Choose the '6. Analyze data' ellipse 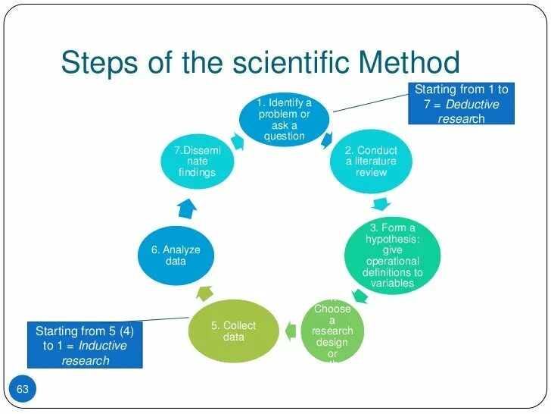click(x=176, y=256)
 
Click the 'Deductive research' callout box click(x=460, y=104)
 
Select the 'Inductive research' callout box click(x=85, y=345)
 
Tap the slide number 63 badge click(x=22, y=390)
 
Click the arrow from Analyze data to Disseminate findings click(x=188, y=206)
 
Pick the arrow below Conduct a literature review click(x=381, y=203)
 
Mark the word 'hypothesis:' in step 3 click(x=392, y=240)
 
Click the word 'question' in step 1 click(x=284, y=136)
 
